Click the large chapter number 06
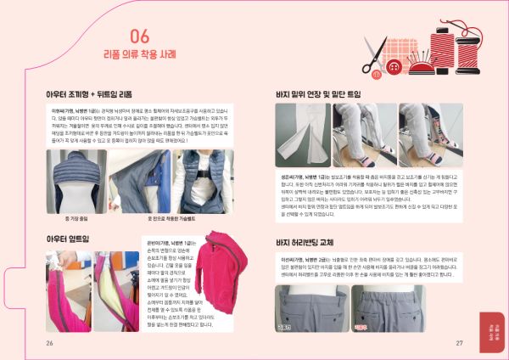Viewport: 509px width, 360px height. [142, 37]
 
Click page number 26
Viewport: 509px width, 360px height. [50, 342]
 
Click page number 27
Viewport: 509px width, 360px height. [459, 342]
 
